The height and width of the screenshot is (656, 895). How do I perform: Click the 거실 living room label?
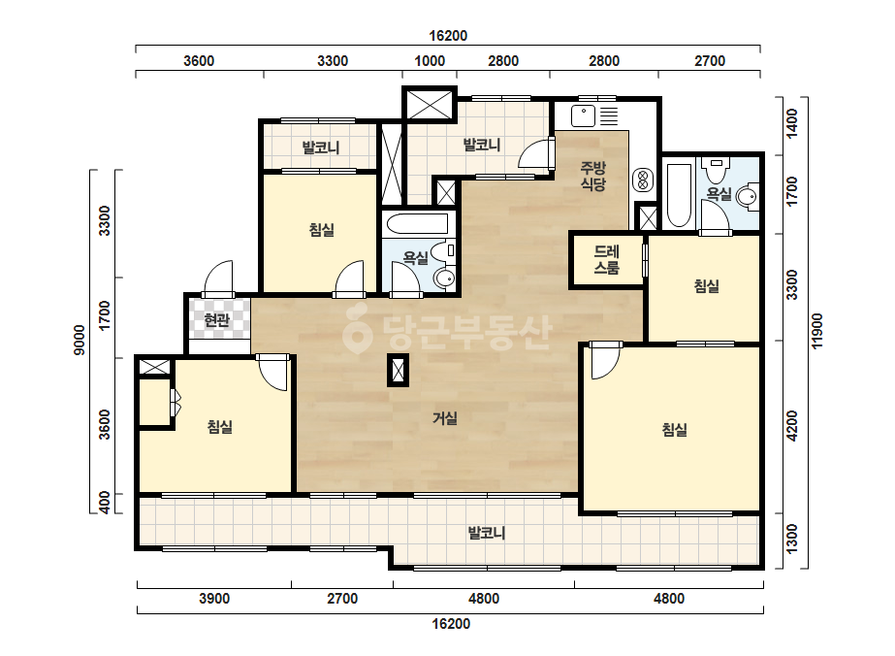coord(445,418)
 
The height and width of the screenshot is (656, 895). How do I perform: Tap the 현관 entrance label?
coord(217,320)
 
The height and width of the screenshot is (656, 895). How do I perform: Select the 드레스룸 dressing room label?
coord(606,259)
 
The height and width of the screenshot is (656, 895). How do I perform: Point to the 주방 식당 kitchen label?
coord(593,176)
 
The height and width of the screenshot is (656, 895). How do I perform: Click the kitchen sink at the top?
coord(583,116)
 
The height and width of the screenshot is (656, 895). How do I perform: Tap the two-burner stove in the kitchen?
coord(643,180)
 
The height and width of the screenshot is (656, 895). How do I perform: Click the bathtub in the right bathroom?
coord(679,196)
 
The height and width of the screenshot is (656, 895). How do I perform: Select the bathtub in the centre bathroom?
coord(417,224)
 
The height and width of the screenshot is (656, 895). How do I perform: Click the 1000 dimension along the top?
coord(430,61)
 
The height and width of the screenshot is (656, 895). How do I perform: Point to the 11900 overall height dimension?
coord(817,330)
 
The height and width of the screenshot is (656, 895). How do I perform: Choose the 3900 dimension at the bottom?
coord(214,599)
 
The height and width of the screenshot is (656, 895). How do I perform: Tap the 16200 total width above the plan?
coord(448,36)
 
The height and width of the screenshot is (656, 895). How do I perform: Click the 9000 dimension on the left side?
coord(80,340)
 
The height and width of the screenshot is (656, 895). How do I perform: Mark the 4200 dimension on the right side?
coord(791,426)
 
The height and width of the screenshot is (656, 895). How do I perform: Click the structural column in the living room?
coord(398,371)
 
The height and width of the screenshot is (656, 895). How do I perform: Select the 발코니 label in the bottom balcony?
coord(487,533)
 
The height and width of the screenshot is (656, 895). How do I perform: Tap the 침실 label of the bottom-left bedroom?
coord(220,426)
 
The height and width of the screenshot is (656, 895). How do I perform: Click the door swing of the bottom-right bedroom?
coord(605,363)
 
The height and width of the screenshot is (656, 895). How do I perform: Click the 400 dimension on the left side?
coord(105,504)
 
